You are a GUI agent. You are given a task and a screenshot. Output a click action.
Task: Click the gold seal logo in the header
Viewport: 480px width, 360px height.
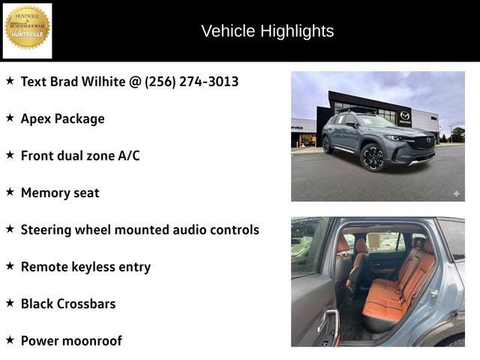[28, 28]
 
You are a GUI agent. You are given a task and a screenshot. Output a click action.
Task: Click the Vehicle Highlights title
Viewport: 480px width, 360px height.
[267, 31]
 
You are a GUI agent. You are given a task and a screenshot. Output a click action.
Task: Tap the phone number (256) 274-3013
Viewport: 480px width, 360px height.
[192, 81]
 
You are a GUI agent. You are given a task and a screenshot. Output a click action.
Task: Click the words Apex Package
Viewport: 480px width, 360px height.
[62, 118]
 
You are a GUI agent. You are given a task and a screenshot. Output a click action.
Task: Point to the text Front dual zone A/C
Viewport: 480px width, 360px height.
[80, 155]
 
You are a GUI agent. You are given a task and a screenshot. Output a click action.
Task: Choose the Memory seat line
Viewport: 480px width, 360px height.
[60, 193]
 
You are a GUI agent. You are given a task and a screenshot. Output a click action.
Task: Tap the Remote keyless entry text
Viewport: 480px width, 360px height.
[85, 266]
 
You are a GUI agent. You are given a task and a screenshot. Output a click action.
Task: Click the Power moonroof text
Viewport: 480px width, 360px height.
[71, 340]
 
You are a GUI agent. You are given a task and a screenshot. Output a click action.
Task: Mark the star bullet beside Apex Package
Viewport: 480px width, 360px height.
[10, 118]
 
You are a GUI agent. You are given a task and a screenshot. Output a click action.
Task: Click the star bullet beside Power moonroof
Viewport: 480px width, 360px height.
[10, 340]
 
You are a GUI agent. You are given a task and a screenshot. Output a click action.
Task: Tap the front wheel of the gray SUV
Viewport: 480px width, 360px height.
[373, 157]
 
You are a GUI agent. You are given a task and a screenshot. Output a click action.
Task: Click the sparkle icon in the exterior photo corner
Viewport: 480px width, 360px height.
[455, 193]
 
